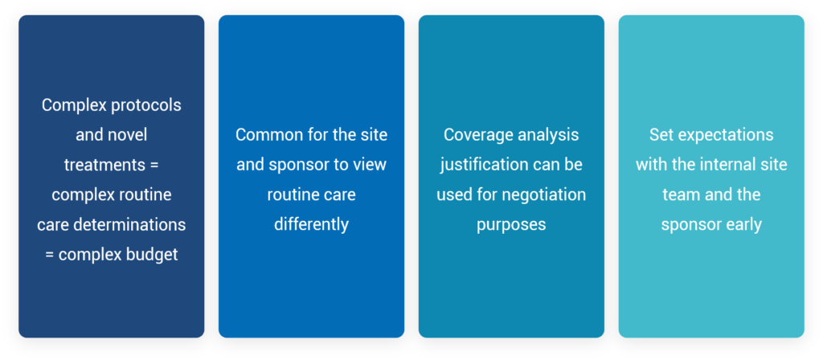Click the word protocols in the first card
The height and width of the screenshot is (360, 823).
[x=146, y=106]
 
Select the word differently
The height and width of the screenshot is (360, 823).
[x=311, y=225]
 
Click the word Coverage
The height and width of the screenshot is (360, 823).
[x=477, y=135]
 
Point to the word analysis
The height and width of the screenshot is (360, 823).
[x=547, y=135]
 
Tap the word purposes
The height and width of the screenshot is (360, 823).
[x=511, y=226]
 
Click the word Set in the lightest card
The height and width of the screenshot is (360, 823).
[x=661, y=135]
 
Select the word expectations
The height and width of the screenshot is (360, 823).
[x=725, y=135]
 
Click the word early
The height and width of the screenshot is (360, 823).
[x=745, y=225]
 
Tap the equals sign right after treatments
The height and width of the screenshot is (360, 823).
[x=154, y=166]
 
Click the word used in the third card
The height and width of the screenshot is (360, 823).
[x=453, y=195]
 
